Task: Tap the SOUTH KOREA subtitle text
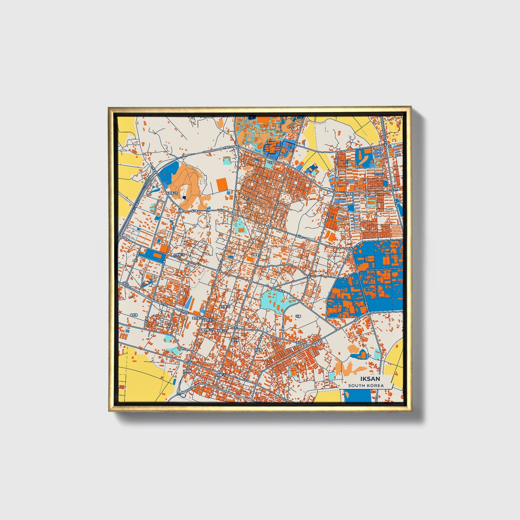coord(366,385)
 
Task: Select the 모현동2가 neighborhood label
coord(172,193)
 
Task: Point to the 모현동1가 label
coord(178,255)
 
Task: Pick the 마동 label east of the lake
coord(298,316)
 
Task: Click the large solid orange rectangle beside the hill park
coord(222,185)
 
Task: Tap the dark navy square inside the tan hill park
coord(184,197)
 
